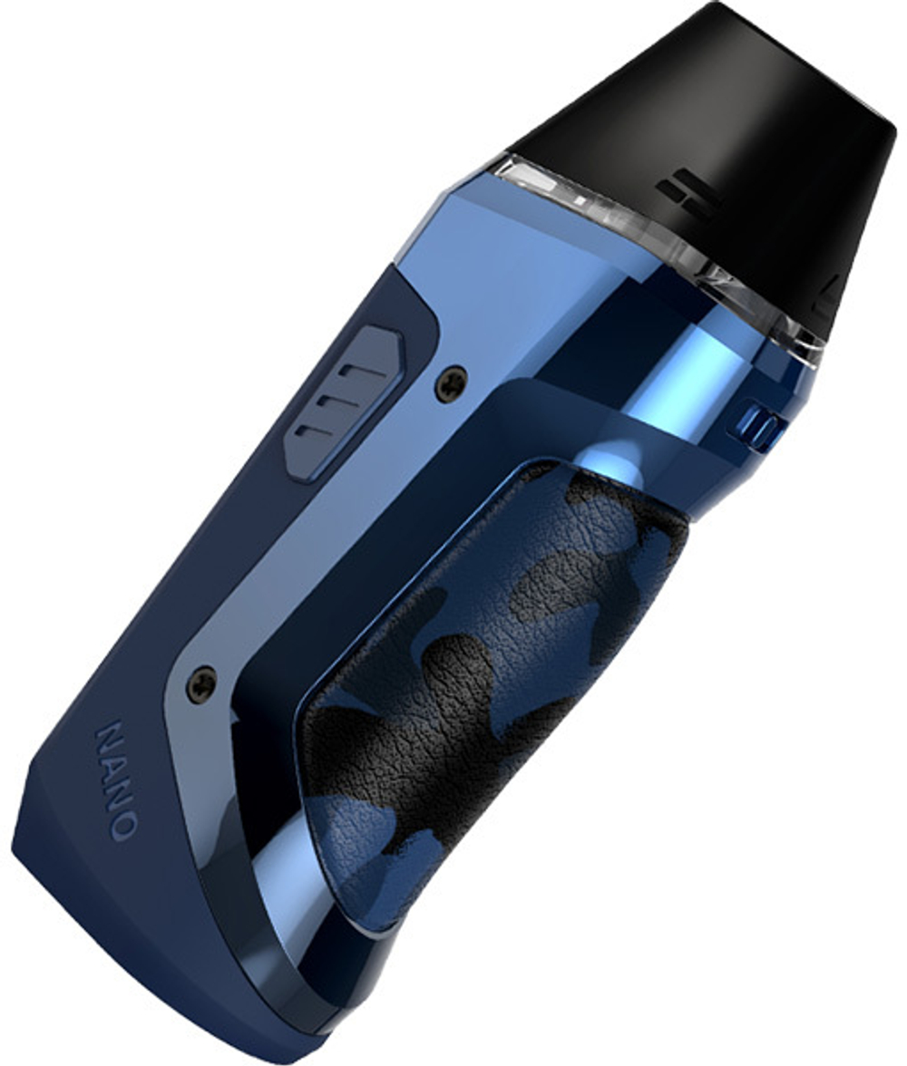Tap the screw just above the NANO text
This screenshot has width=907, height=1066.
coord(201,684)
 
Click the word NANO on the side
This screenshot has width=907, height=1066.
coord(117,780)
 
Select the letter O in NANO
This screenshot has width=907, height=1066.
coord(125,822)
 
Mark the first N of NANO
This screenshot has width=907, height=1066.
coord(106,737)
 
